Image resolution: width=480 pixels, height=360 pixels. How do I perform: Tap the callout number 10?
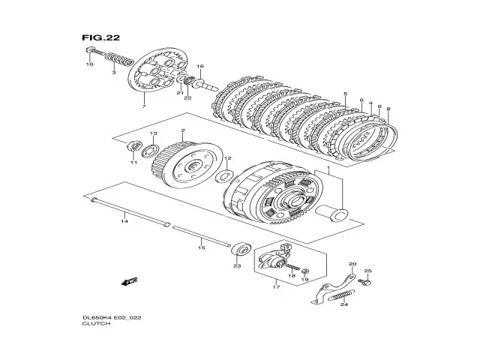89,65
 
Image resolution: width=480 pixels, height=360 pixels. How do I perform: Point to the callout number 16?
200,67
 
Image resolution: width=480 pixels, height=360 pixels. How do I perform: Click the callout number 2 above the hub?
182,131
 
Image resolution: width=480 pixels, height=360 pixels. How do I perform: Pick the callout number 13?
153,133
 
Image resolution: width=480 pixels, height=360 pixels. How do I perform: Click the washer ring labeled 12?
223,177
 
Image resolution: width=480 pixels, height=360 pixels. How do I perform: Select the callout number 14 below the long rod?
124,221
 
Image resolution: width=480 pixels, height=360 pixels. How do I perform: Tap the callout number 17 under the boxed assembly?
275,286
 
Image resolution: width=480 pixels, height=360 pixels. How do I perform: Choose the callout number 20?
352,264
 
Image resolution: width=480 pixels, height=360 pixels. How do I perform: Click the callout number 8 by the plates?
388,109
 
